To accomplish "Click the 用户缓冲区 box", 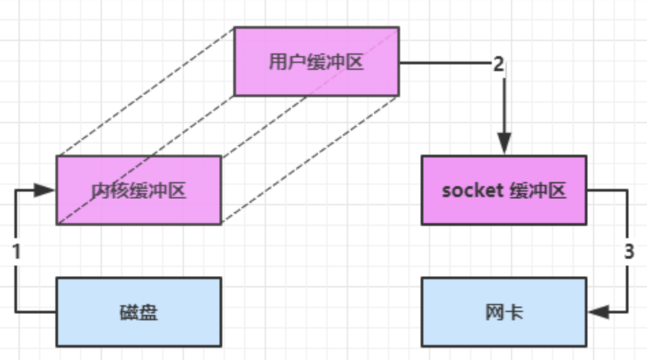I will [x=317, y=62].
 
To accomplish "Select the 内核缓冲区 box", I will [x=139, y=190].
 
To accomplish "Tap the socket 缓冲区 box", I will [x=504, y=190].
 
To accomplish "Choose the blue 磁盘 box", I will [x=139, y=312].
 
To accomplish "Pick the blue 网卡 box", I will [x=504, y=312].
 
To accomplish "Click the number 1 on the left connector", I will [x=16, y=251].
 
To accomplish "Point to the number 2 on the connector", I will [x=499, y=64].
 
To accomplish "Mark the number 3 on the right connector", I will [x=629, y=251].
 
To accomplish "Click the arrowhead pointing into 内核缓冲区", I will [x=45, y=190].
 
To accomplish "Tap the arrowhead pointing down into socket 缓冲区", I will [x=504, y=144].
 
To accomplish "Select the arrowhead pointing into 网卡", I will [x=598, y=312].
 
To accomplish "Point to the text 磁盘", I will [x=139, y=313].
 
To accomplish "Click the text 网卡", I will [x=504, y=313].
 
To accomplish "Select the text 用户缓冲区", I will [x=316, y=62].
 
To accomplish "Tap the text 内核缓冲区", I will [x=139, y=190].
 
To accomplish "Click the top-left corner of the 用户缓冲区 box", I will [x=235, y=27].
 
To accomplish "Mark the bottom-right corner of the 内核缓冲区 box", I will [x=221, y=224].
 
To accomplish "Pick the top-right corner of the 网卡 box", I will [x=586, y=278].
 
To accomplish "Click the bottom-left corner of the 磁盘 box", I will [x=57, y=346].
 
